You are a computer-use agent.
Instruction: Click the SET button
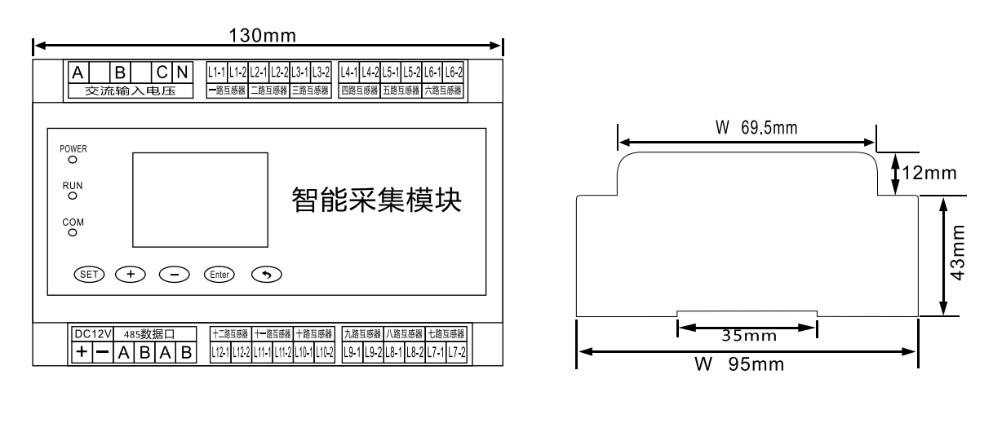coord(89,274)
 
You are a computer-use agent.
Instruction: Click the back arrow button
coord(266,274)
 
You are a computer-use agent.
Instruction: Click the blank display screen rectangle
coord(200,201)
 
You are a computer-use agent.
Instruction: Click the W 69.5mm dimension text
coord(746,128)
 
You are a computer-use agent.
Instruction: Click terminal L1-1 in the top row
coord(216,72)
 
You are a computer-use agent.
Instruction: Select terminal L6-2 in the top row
coord(453,72)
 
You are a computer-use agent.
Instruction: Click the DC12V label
coord(91,333)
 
